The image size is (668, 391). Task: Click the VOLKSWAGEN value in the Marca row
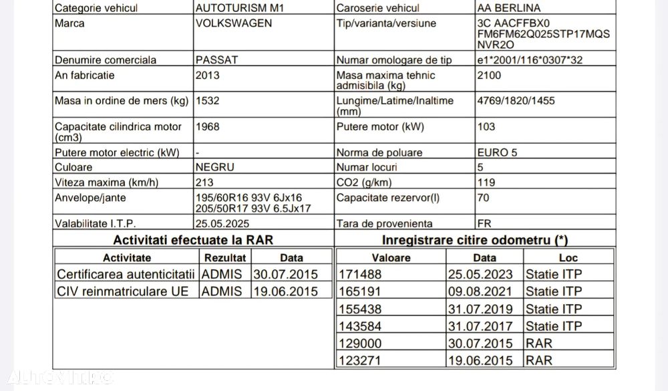[x=234, y=23]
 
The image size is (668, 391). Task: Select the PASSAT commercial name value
[x=216, y=59]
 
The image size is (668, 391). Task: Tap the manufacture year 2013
[x=208, y=76]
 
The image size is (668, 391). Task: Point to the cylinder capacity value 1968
[x=208, y=126]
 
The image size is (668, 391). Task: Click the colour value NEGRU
[x=214, y=167]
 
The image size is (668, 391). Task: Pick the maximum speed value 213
[x=205, y=182]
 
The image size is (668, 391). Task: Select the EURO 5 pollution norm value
[x=497, y=152]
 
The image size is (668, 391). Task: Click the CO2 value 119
[x=486, y=182]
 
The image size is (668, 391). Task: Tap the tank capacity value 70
[x=484, y=198]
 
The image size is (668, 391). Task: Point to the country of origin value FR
[x=485, y=224]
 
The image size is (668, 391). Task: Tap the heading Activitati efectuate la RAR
[x=193, y=239]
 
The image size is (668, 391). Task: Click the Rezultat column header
[x=225, y=257]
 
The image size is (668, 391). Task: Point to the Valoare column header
[x=391, y=257]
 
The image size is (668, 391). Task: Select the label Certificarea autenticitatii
[x=126, y=274]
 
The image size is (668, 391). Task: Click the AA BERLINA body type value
[x=510, y=8]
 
